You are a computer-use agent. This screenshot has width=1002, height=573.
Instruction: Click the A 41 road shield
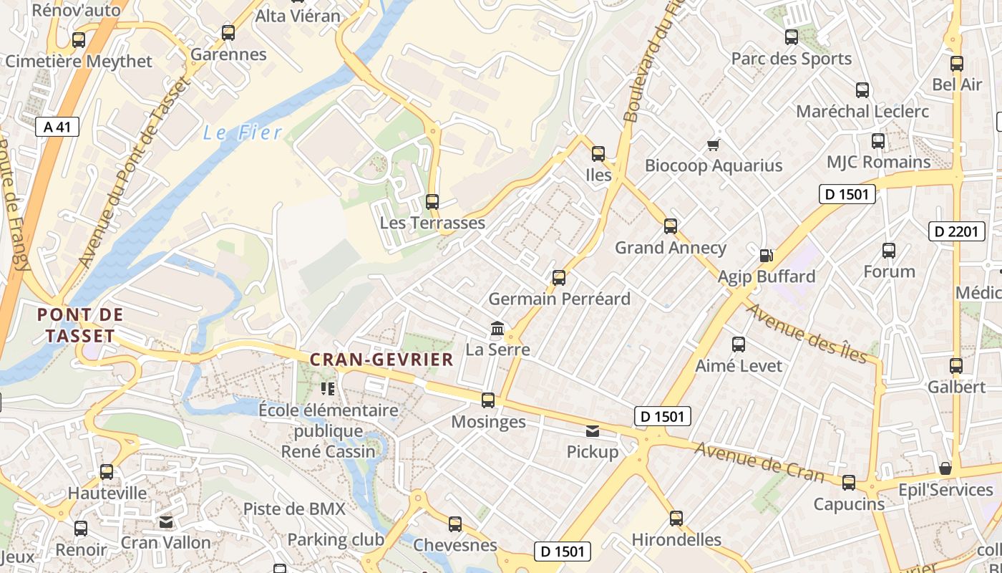click(57, 127)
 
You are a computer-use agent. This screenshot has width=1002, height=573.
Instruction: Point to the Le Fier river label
click(243, 133)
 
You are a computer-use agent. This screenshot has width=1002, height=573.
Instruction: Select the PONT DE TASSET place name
click(80, 325)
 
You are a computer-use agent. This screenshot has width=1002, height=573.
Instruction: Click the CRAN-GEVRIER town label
click(381, 360)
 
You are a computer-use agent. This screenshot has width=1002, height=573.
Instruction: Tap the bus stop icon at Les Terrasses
click(432, 202)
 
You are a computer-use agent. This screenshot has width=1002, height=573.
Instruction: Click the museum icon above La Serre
click(497, 329)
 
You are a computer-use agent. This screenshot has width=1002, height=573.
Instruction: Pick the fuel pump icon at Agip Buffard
click(766, 255)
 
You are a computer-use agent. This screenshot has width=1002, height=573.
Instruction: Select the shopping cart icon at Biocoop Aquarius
click(713, 145)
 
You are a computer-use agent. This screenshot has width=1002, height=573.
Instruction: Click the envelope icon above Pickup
click(593, 431)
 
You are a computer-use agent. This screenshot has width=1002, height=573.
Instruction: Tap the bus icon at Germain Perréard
click(559, 277)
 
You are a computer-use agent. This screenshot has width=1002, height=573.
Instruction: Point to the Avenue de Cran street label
click(759, 463)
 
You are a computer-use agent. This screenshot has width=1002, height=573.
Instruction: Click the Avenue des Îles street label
click(807, 333)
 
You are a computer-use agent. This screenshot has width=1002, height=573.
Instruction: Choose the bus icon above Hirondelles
click(676, 519)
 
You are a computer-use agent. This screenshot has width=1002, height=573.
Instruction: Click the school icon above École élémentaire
click(328, 389)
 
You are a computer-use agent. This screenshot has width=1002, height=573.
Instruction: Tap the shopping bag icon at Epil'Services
click(945, 468)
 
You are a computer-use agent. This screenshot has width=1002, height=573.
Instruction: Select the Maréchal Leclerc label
click(862, 111)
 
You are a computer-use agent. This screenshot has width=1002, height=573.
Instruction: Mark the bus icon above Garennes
click(228, 33)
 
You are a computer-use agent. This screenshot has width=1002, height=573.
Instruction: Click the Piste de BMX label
click(294, 509)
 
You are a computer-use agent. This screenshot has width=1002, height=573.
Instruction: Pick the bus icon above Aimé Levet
click(739, 345)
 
